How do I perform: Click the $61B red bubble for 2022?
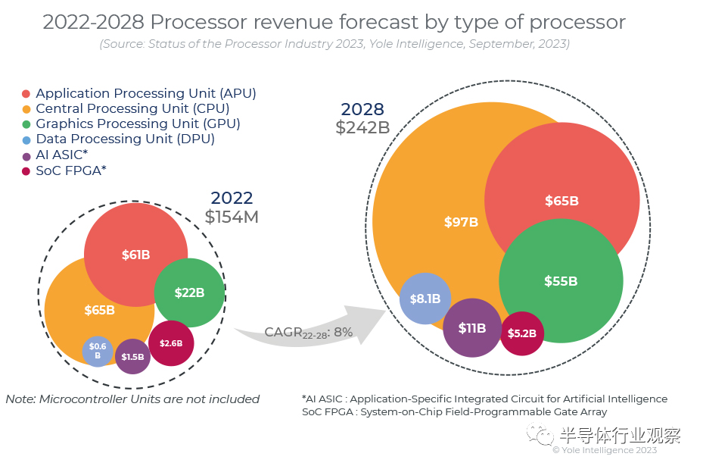tap(136, 255)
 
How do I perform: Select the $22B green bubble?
tap(189, 292)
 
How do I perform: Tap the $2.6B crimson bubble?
tap(171, 343)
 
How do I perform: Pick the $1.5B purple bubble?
tap(132, 356)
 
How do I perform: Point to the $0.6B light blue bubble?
tap(98, 351)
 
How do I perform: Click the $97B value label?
tap(461, 222)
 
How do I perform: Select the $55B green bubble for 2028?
tap(561, 281)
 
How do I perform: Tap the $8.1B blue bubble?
tap(425, 299)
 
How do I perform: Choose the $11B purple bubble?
tap(472, 328)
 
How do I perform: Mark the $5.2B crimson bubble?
tap(522, 333)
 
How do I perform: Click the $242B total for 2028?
tap(362, 127)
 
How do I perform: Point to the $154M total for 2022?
tap(232, 217)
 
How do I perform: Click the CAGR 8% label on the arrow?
tap(309, 332)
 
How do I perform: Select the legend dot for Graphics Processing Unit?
tap(26, 124)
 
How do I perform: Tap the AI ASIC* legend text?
tap(62, 155)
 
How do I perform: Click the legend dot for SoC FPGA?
tap(26, 171)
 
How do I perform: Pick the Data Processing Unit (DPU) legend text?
tap(125, 139)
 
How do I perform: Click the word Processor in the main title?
tap(198, 22)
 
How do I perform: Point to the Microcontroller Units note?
tap(132, 399)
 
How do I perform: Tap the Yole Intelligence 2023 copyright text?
tap(605, 450)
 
